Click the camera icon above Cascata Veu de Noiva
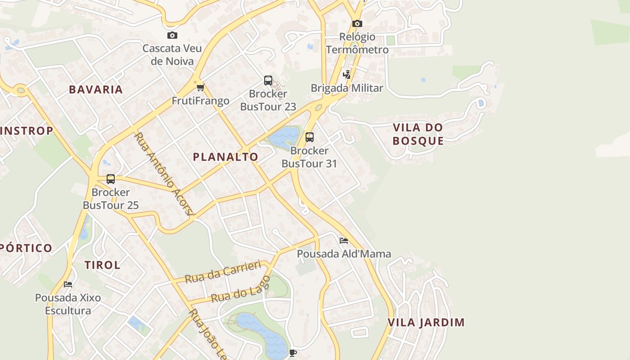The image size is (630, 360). point(172,35)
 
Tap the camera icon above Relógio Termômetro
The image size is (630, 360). point(357,23)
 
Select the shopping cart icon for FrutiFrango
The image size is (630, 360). point(200,87)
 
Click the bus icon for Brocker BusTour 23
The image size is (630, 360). point(268,81)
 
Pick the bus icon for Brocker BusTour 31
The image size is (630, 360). point(309,137)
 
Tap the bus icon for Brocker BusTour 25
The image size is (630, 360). point(111,179)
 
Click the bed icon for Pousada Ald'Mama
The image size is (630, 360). point(344,241)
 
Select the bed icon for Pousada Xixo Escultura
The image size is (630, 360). point(68,284)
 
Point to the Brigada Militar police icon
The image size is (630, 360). point(347,75)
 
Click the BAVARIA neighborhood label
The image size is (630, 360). point(96,90)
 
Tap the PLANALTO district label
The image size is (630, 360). point(225,157)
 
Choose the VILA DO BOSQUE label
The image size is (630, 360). point(418,134)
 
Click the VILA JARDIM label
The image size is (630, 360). point(426,323)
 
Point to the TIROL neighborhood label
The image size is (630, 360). point(103,265)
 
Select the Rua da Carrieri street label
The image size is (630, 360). point(223,272)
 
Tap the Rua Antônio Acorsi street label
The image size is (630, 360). point(164,173)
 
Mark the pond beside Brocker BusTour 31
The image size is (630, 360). point(284,137)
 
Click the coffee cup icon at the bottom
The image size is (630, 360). point(292,353)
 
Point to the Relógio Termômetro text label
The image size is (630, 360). point(357,43)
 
